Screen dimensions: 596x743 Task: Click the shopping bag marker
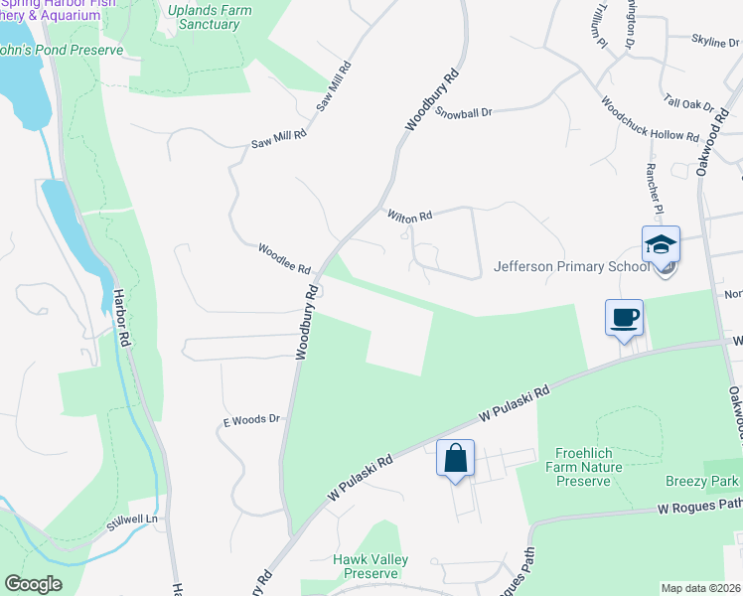455,459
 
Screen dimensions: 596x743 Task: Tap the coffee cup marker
624,319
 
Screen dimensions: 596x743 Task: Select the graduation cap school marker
661,244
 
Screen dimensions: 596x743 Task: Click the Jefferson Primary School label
572,266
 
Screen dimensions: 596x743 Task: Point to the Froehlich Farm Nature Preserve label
588,467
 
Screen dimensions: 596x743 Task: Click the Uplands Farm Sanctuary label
209,17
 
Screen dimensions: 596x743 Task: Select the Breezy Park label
702,481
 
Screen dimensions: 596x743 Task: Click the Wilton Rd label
409,216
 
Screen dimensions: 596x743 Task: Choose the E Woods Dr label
250,420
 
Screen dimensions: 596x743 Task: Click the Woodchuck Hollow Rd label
649,118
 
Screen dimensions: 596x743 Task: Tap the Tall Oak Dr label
688,102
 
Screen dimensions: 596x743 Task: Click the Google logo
33,583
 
